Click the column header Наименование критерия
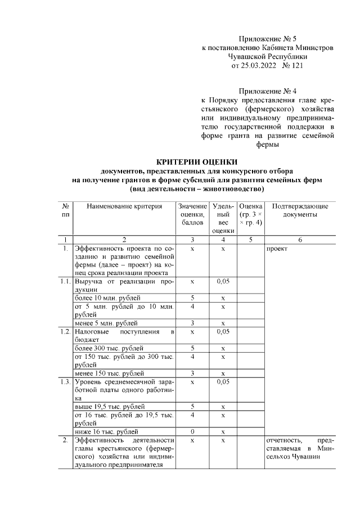[124, 206]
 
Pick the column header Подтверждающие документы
[300, 210]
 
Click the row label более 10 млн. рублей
[108, 297]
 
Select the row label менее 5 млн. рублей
[106, 323]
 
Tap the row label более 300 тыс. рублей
[109, 348]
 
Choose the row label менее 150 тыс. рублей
[109, 373]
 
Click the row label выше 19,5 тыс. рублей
[110, 406]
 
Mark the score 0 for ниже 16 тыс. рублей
[192, 431]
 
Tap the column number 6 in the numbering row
[300, 240]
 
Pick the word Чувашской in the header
[248, 57]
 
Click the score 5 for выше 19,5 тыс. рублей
[192, 406]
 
